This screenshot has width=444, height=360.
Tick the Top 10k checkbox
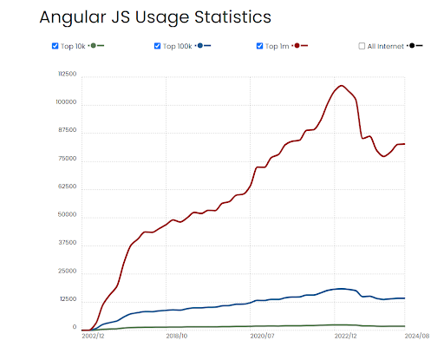coord(54,46)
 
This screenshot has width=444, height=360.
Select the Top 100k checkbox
coord(157,46)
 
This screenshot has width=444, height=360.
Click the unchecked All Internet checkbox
coord(362,46)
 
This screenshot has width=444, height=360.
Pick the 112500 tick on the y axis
coord(67,75)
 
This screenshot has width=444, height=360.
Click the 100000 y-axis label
coord(67,102)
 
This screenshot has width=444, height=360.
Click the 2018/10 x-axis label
coord(177,334)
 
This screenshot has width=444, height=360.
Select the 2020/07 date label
coord(263,334)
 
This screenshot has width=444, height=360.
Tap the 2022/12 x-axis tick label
coord(346,334)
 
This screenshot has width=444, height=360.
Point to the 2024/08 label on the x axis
coord(416,334)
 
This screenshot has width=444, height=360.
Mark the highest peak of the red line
coord(342,86)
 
